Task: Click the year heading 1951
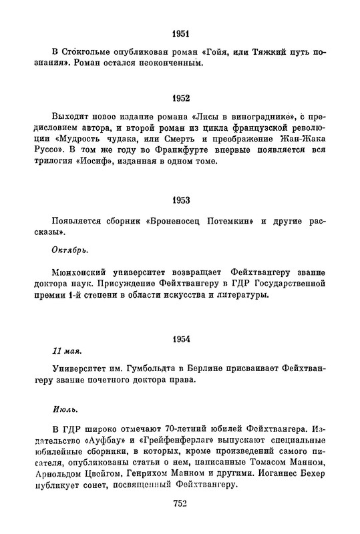click(180, 33)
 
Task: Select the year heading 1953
click(180, 200)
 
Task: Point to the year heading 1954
click(180, 338)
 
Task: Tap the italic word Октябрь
click(69, 249)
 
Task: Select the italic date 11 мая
click(67, 350)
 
